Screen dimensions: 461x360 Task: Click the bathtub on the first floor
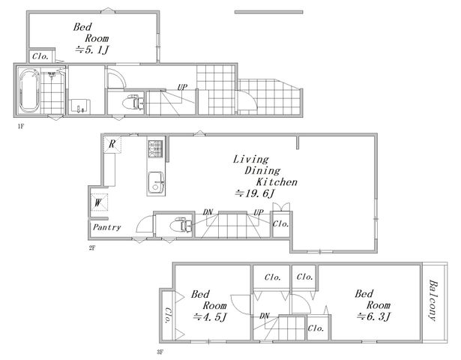[29, 91]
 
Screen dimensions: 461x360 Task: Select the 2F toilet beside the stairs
[181, 225]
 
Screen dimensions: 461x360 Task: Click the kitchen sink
[156, 183]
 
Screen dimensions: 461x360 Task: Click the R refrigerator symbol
[112, 144]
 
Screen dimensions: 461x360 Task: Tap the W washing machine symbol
[99, 202]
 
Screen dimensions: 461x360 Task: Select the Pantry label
[107, 227]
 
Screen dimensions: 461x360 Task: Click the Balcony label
[433, 300]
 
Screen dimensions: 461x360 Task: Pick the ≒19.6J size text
[256, 193]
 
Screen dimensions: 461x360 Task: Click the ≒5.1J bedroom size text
[92, 49]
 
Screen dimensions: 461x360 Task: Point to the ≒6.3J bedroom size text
[374, 316]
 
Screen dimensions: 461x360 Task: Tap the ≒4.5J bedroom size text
[211, 316]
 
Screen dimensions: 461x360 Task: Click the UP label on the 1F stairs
[182, 87]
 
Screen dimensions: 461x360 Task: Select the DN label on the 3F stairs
[265, 316]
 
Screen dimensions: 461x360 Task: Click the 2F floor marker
[92, 247]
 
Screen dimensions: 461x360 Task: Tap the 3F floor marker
[160, 352]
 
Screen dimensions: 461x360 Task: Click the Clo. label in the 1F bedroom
[40, 56]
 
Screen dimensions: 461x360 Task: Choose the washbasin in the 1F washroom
[80, 106]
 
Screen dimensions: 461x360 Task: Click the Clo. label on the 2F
[281, 223]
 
